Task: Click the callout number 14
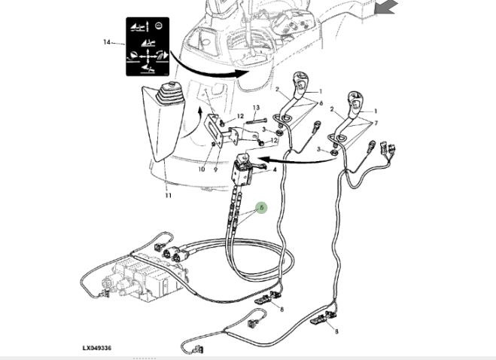point(107,41)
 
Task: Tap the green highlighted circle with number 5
point(261,208)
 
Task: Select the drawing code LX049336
point(97,348)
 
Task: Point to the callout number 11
point(168,195)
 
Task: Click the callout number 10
point(202,169)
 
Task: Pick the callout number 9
point(216,169)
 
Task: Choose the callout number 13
point(256,108)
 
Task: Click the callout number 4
point(275,169)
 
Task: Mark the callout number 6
point(321,103)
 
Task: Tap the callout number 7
point(376,123)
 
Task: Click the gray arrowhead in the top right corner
point(385,7)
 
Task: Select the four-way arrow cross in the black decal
point(148,57)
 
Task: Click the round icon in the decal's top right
point(159,26)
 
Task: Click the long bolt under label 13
point(255,121)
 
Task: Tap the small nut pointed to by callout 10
point(214,145)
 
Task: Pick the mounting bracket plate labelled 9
point(214,130)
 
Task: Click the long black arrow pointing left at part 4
point(297,159)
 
